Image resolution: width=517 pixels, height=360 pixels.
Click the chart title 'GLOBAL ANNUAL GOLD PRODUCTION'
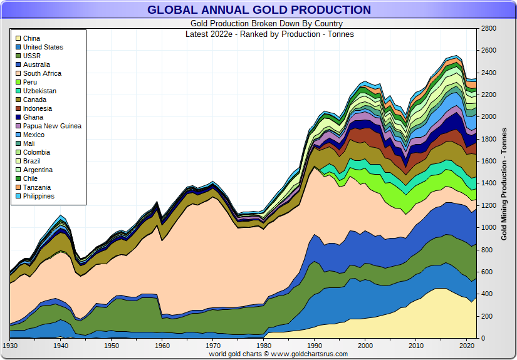[259, 10]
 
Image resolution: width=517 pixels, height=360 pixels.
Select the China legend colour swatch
[18, 39]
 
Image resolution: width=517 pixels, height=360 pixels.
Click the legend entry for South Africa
[42, 73]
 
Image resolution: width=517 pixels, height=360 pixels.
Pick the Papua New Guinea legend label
[52, 126]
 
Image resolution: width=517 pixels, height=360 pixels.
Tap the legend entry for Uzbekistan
[39, 91]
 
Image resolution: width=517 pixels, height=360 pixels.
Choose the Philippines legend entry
[39, 196]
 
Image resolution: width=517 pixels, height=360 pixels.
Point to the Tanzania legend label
[37, 187]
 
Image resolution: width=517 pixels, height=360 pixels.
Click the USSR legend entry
[32, 56]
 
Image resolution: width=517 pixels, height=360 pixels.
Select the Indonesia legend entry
[38, 108]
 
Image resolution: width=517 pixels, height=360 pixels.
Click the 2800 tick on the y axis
[489, 29]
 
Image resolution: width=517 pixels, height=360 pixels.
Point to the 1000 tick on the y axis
[489, 228]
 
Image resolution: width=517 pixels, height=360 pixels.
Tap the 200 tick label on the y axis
[487, 316]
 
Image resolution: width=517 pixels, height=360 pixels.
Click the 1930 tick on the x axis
[10, 346]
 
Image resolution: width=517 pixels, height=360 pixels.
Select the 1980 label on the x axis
[264, 346]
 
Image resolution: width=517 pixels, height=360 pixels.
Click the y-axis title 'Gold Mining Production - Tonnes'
[504, 183]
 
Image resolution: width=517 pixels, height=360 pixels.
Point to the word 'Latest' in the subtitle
[197, 34]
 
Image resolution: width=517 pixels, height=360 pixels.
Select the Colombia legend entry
[36, 152]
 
